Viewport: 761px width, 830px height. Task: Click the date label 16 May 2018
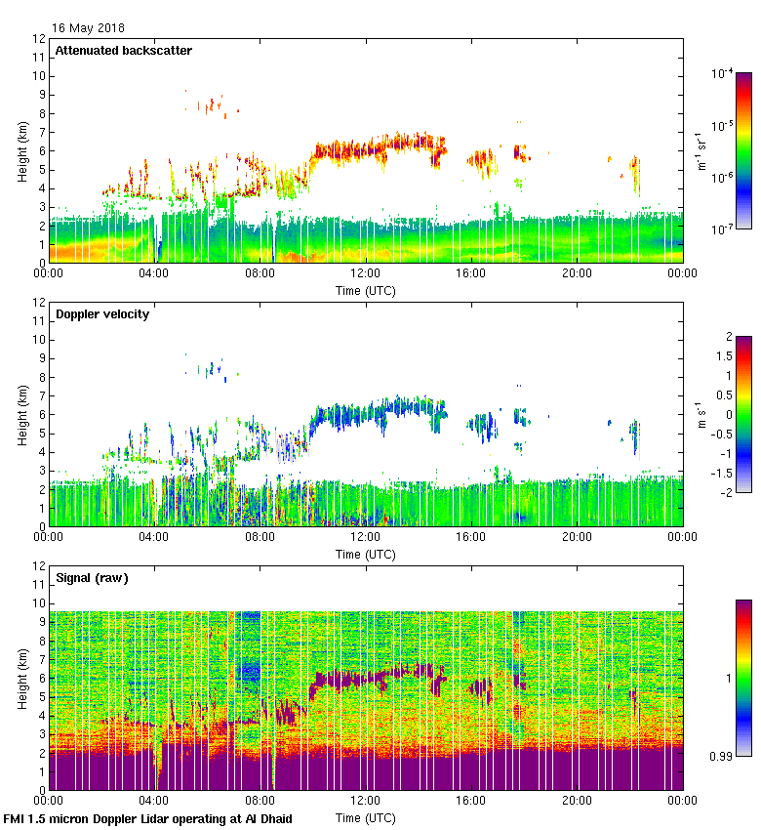point(89,28)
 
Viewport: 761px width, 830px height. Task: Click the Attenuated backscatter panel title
point(123,50)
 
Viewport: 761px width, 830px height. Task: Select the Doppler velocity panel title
point(102,313)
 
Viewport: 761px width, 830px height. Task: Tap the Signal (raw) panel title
point(92,577)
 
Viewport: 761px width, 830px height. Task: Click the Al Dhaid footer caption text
point(147,818)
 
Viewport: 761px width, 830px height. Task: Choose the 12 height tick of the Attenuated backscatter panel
point(39,39)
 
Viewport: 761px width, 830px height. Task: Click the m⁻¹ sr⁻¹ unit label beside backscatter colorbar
point(701,150)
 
